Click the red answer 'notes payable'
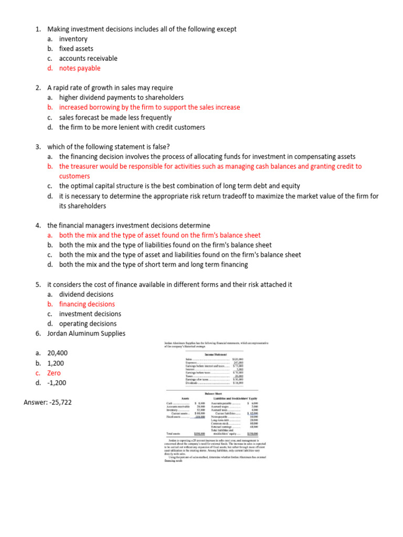80,68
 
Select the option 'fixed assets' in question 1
76,49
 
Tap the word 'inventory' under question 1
73,39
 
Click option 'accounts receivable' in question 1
88,58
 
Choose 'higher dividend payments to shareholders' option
121,98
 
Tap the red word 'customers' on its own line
75,176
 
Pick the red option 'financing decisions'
87,304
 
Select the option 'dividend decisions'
86,294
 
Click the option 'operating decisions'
88,324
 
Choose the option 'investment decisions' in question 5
90,314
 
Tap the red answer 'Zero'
54,373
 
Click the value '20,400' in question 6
57,353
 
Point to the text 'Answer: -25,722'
48,402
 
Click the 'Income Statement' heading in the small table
216,355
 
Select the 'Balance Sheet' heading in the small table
215,393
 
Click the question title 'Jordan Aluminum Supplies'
86,334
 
